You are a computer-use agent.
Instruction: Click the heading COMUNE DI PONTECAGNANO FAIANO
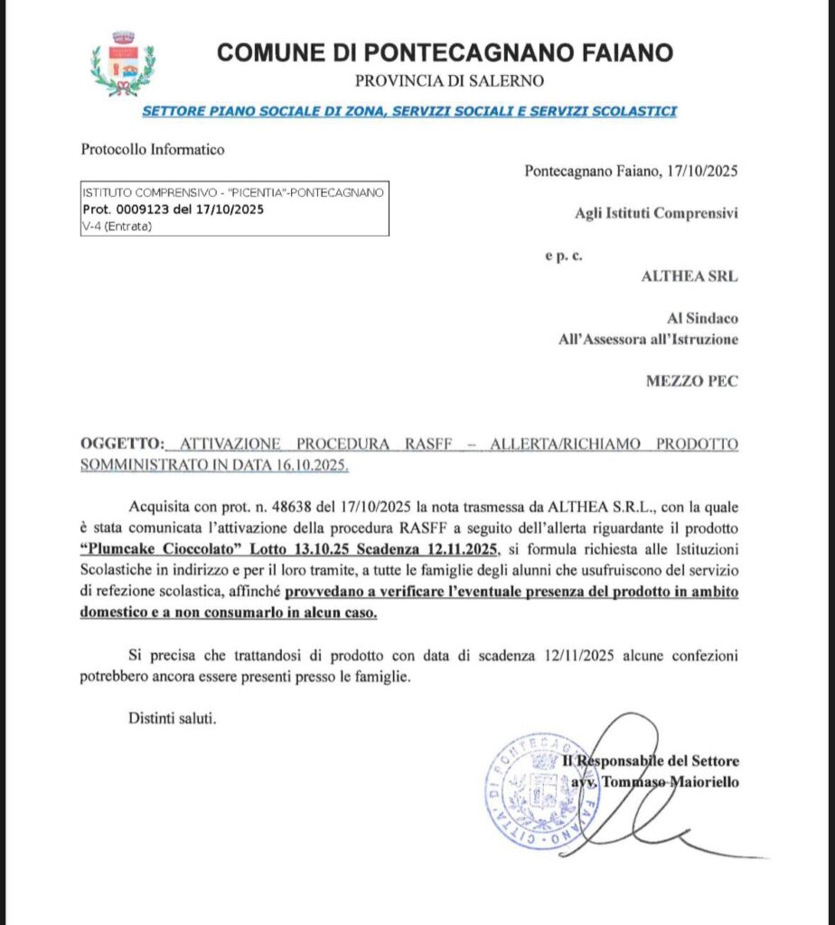[445, 52]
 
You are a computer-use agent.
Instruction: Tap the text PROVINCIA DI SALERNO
[449, 81]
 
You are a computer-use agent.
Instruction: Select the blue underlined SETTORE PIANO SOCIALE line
[409, 111]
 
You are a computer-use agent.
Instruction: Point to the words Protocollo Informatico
[153, 150]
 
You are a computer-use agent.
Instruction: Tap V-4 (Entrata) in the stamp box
[117, 226]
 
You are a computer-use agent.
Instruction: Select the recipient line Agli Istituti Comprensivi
[656, 214]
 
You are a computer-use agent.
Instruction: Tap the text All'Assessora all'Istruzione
[648, 340]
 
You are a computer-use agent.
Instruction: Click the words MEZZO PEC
[691, 381]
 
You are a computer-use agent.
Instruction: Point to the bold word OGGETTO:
[123, 444]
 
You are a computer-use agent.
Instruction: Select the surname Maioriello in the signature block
[704, 782]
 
